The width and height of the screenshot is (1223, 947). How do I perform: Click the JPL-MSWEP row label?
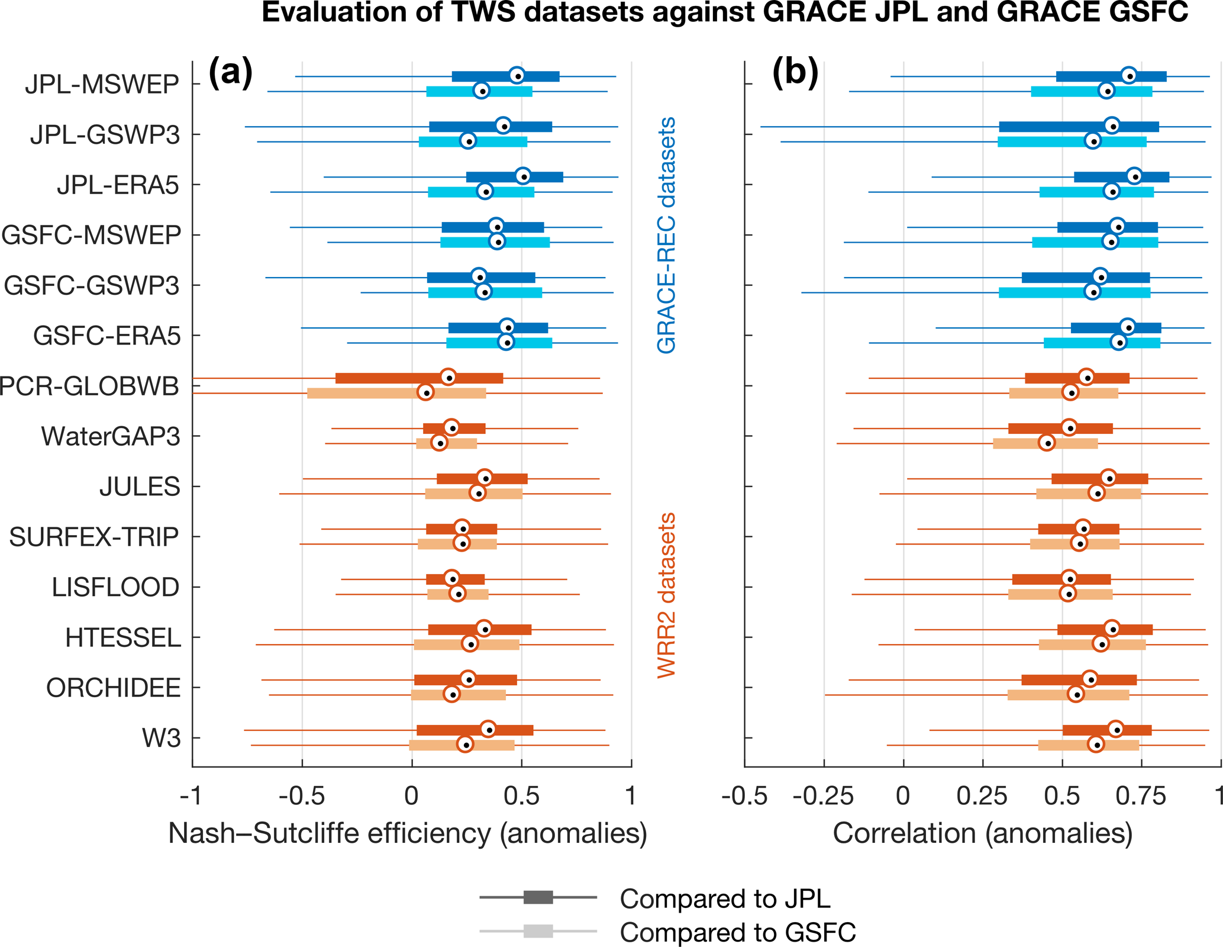click(102, 85)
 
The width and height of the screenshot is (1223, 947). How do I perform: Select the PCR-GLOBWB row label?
click(89, 386)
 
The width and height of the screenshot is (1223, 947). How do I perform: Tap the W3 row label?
click(161, 739)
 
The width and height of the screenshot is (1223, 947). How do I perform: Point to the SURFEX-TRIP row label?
click(94, 537)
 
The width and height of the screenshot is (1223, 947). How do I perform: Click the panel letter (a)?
click(231, 73)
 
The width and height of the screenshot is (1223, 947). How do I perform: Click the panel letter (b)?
click(795, 73)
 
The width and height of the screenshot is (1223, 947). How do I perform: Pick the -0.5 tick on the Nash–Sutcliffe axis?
click(302, 796)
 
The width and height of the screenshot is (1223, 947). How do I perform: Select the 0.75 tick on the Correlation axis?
click(1141, 796)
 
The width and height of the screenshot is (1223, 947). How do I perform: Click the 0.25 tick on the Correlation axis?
click(982, 796)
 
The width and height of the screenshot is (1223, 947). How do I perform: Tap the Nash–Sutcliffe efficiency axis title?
click(408, 833)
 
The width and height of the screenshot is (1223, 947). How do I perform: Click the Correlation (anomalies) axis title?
click(982, 833)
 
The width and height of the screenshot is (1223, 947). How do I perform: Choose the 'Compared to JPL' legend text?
click(725, 898)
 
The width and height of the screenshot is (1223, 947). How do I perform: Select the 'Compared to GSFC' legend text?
click(738, 932)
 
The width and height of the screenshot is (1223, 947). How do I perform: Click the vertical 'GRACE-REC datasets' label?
click(667, 235)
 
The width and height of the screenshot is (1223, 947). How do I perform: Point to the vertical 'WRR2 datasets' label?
click(667, 595)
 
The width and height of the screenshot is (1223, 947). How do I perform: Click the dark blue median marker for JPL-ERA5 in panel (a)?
click(523, 176)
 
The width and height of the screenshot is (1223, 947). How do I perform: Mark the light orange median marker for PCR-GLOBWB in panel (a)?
click(425, 392)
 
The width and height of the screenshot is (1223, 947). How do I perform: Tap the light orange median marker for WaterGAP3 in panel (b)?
click(1047, 443)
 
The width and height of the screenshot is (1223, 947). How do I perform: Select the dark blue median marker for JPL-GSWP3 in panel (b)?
click(1112, 126)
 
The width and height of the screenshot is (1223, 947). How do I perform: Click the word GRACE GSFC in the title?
click(1092, 13)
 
